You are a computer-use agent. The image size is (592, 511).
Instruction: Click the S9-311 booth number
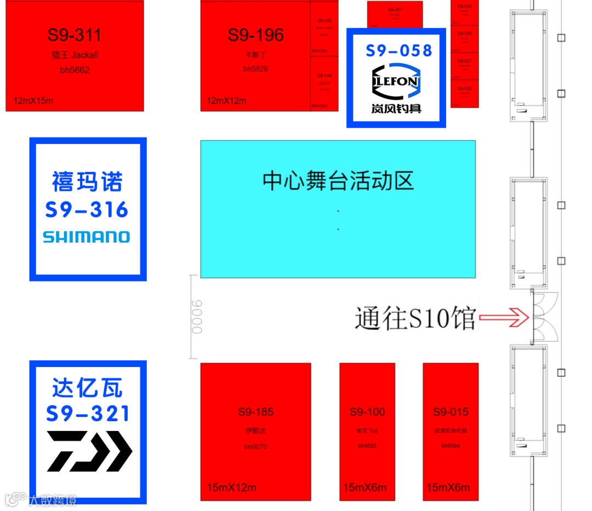(74, 36)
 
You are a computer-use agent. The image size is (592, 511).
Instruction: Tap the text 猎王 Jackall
(75, 55)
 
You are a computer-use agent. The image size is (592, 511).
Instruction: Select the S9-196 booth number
(255, 36)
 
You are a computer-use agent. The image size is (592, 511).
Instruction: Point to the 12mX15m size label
(33, 101)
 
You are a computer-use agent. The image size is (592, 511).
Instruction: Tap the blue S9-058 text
(399, 51)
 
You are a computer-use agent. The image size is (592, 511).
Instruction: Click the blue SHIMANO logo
(87, 237)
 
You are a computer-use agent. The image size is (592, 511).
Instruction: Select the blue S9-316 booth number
(87, 210)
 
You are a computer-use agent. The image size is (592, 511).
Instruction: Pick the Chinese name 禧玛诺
(87, 182)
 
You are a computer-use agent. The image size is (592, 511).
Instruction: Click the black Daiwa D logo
(89, 451)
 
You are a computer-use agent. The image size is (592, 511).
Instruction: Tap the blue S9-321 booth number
(88, 414)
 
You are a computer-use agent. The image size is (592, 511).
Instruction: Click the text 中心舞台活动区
(338, 181)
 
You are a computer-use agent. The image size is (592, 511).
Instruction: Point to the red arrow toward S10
(503, 317)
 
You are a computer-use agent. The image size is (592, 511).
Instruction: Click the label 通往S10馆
(414, 318)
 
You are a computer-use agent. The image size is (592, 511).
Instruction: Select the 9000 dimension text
(197, 317)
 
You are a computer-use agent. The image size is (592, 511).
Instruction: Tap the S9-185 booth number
(255, 412)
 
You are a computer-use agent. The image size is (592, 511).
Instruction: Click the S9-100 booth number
(367, 412)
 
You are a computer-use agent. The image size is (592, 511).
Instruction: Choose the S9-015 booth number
(451, 412)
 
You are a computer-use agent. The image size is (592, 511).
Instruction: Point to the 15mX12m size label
(231, 487)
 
